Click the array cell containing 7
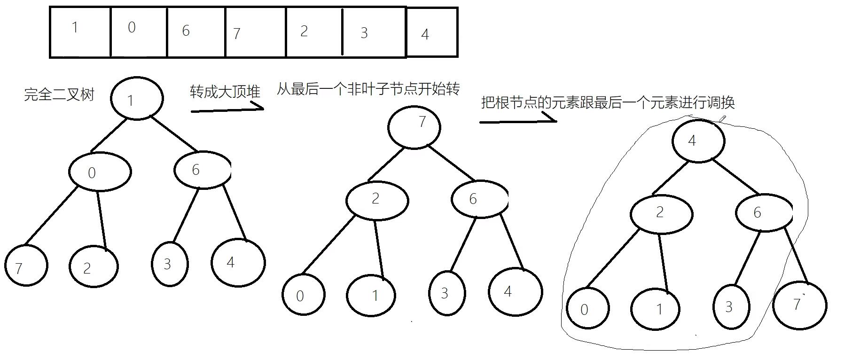point(255,32)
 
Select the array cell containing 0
point(139,32)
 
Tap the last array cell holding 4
point(431,33)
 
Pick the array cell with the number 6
point(196,32)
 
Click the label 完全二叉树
point(59,95)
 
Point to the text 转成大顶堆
point(225,91)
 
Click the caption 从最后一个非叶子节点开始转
point(368,88)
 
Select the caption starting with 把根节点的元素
point(608,102)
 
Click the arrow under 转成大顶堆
point(227,109)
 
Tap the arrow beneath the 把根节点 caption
point(518,120)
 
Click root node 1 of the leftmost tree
point(137,98)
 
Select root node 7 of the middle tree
point(414,127)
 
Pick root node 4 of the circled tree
point(698,141)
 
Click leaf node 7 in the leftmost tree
point(26,266)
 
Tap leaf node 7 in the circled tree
point(799,305)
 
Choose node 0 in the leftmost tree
point(100,172)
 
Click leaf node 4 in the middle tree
point(515,291)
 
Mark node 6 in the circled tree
point(764,212)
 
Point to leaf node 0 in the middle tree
point(304,295)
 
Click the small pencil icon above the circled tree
point(723,118)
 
